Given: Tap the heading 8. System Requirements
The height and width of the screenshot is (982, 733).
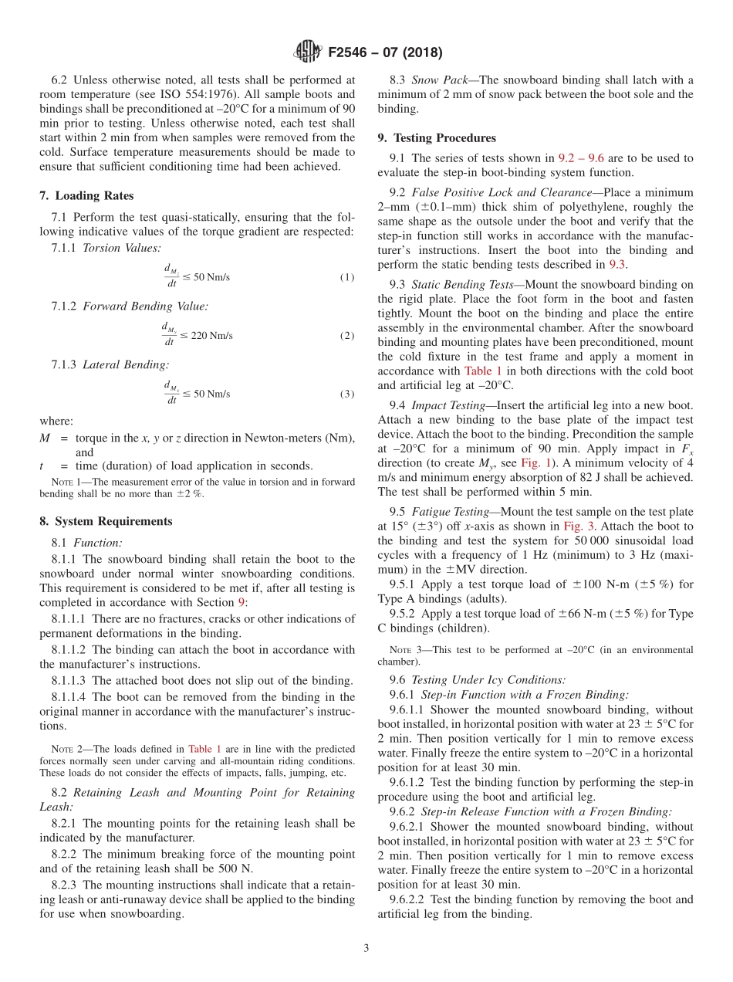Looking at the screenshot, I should point(106,521).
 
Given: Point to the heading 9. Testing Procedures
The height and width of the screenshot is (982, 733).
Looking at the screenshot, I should point(437,138).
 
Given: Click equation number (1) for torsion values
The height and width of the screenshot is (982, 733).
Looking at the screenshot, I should point(347,277).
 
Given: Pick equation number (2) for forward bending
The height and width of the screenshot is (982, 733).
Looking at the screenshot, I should point(347,336).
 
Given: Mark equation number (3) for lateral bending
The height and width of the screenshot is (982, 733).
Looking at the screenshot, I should point(347,394).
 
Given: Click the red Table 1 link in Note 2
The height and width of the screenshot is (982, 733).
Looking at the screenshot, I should point(202,749).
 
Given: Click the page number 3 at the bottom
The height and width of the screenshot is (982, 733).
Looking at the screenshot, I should point(366,948).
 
